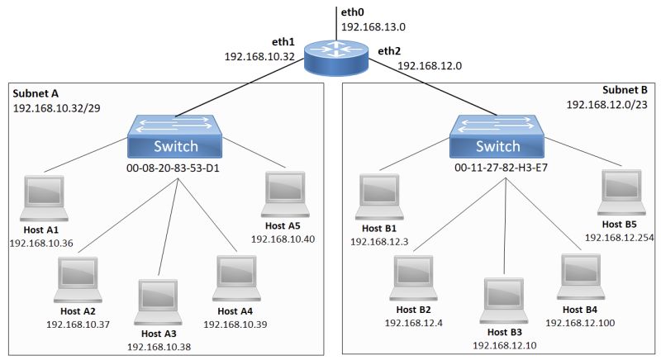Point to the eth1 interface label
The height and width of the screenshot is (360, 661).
(283, 41)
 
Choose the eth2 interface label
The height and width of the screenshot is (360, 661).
(389, 51)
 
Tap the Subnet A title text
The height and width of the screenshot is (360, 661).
(36, 93)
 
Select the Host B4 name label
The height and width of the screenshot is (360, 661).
(579, 309)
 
